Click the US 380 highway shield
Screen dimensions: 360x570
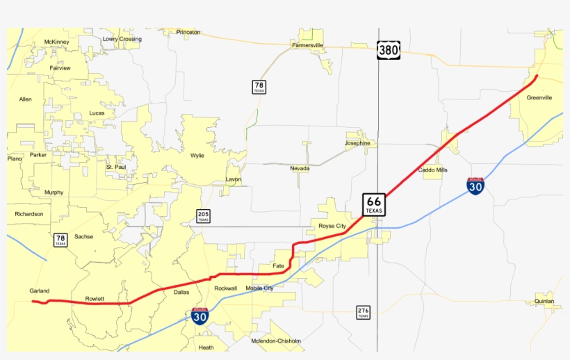(389, 50)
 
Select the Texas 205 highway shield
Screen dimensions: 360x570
(203, 215)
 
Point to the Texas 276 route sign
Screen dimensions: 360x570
(363, 312)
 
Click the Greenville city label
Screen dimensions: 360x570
(539, 98)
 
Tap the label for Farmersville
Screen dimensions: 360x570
(307, 45)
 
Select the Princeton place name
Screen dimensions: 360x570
(188, 32)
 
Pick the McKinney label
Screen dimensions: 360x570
(56, 42)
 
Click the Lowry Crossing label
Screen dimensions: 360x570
(122, 40)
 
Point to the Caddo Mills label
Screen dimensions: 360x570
(432, 170)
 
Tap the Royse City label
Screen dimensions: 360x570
(332, 226)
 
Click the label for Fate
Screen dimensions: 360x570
(279, 265)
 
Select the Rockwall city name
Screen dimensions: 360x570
(225, 288)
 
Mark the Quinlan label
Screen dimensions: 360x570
(544, 302)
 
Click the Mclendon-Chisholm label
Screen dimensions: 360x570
(277, 341)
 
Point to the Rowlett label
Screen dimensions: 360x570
(95, 299)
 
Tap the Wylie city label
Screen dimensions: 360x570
(197, 156)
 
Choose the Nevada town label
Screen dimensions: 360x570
(300, 168)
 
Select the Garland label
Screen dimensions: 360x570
(40, 291)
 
